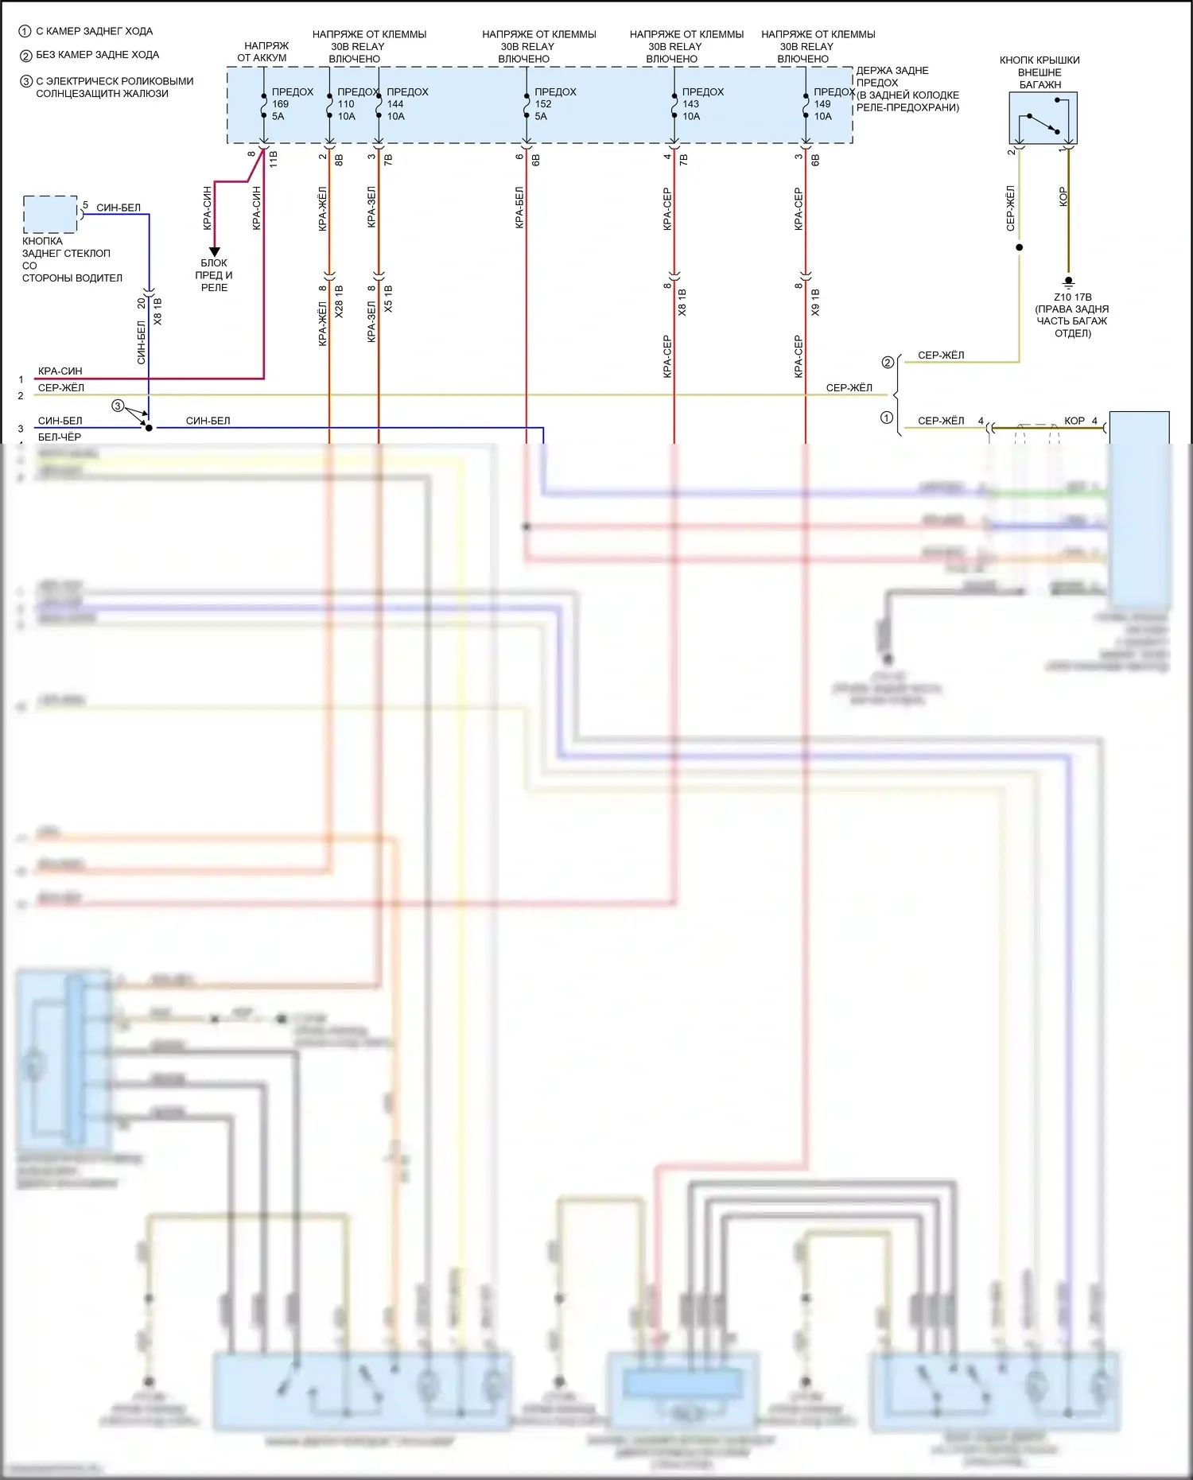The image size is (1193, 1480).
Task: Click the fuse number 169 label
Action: pyautogui.click(x=281, y=104)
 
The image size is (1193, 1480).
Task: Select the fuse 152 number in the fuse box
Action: pyautogui.click(x=543, y=104)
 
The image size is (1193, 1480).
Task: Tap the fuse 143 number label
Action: pyautogui.click(x=690, y=104)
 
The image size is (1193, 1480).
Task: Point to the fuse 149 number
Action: pyautogui.click(x=822, y=104)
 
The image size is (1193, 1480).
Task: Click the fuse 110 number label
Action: pyautogui.click(x=346, y=104)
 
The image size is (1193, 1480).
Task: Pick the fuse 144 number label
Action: pyautogui.click(x=395, y=104)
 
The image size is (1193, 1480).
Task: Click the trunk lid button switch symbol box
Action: pyautogui.click(x=1043, y=118)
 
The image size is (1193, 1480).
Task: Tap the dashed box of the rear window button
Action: pyautogui.click(x=50, y=214)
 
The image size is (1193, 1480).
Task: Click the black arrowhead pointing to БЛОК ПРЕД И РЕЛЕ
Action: pyautogui.click(x=214, y=251)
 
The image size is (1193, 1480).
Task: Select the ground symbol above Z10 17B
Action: pyautogui.click(x=1068, y=282)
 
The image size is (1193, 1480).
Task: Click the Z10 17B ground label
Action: pyautogui.click(x=1072, y=297)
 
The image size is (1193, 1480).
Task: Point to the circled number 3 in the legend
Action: pyautogui.click(x=25, y=81)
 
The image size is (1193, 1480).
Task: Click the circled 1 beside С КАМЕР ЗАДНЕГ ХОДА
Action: pyautogui.click(x=25, y=32)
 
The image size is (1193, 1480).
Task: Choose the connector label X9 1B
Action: pyautogui.click(x=815, y=303)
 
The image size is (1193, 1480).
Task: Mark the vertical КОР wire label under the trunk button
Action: pyautogui.click(x=1063, y=197)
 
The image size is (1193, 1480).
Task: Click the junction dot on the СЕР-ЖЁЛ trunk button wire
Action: pyautogui.click(x=1019, y=247)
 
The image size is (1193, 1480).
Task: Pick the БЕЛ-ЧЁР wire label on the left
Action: pyautogui.click(x=60, y=437)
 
